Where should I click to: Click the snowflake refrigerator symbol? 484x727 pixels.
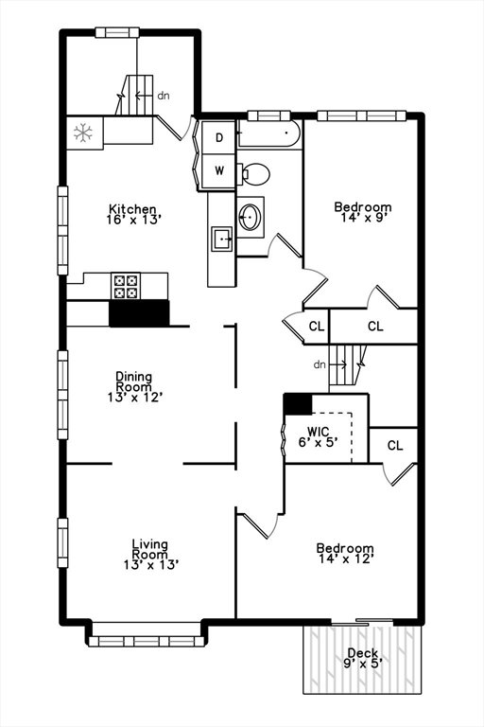click(83, 133)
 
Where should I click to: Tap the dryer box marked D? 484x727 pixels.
click(219, 137)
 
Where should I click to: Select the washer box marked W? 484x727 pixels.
click(219, 170)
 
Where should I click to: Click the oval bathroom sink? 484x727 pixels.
click(251, 216)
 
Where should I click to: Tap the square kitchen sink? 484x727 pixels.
click(222, 239)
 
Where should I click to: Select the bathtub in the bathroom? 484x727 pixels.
click(268, 134)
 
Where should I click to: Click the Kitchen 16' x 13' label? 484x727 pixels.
click(133, 214)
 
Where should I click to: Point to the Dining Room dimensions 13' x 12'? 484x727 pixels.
click(134, 398)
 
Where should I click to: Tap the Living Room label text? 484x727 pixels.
click(150, 549)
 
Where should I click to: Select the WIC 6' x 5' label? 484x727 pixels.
click(318, 437)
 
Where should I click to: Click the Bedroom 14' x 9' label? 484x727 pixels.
click(363, 212)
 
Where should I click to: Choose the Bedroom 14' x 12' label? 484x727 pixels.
click(345, 554)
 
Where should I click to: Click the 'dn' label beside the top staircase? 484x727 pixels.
click(164, 96)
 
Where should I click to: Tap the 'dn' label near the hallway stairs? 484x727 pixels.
click(320, 364)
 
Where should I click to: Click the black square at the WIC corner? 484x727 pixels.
click(298, 404)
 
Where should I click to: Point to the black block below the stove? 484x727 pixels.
click(139, 313)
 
